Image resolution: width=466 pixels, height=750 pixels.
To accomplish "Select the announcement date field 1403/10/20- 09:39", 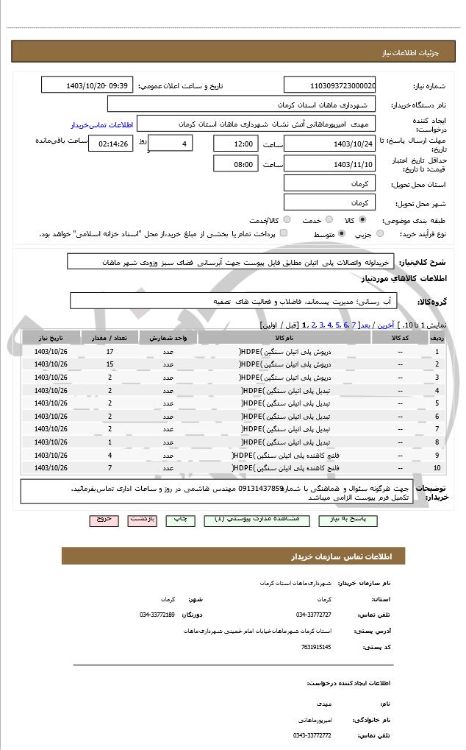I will [87, 85].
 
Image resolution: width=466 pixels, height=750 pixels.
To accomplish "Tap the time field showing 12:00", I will [235, 144].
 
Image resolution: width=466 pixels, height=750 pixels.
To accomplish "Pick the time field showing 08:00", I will [235, 164].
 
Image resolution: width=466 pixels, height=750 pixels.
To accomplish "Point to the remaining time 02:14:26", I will [111, 144].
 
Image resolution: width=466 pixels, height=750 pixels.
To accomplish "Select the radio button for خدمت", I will [329, 219].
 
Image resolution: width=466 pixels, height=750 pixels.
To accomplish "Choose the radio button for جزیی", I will [380, 234].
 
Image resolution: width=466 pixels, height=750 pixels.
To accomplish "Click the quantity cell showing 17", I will [110, 352].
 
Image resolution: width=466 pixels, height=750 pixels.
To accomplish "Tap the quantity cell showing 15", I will [110, 364].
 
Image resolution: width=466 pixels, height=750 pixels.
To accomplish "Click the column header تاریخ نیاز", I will [51, 338].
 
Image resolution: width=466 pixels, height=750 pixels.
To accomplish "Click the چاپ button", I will [179, 520].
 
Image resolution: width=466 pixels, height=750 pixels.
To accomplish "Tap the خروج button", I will [104, 520].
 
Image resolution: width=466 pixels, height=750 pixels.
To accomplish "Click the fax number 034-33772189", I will [157, 614].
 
